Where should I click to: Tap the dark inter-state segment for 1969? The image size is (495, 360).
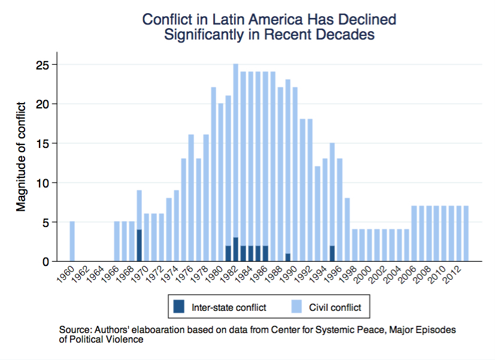point(139,246)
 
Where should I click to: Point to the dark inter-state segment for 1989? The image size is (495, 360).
point(288,257)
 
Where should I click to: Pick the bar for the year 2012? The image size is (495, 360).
point(458,234)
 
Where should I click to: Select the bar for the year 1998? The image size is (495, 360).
point(354,246)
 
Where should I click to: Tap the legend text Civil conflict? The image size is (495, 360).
point(335,308)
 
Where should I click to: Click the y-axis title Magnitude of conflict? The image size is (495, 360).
point(22,157)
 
